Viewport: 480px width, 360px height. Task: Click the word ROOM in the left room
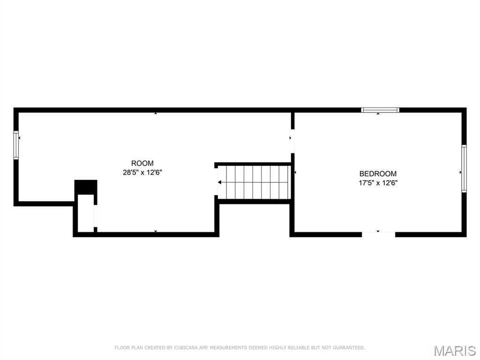point(142,163)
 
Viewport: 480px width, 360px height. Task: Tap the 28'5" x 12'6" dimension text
point(142,172)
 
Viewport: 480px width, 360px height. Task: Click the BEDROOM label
point(378,173)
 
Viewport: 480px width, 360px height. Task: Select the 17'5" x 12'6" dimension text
point(378,183)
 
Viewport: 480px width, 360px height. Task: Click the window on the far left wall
point(16,145)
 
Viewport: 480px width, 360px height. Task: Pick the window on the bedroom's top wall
point(380,110)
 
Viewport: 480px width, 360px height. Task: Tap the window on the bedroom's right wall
point(464,169)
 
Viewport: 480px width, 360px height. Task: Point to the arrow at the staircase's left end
point(220,182)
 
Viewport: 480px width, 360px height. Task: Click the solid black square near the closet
point(86,187)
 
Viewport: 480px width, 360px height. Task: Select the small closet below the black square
point(85,213)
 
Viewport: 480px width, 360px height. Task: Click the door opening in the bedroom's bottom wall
point(379,234)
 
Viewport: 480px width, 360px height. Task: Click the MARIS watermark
point(454,350)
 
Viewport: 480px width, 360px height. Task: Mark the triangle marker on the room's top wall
point(156,113)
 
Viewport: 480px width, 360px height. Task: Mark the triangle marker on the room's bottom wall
point(156,232)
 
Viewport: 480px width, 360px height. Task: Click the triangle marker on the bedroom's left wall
point(295,172)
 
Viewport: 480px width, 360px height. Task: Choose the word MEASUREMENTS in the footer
point(230,348)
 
